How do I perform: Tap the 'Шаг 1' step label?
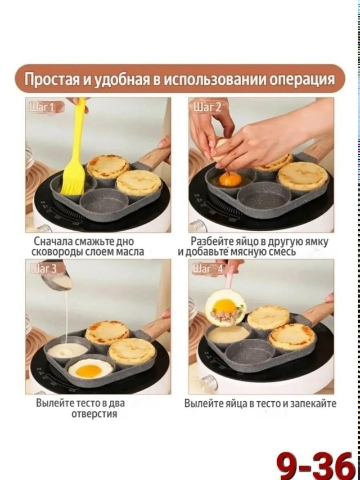[x=42, y=107]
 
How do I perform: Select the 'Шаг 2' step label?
[x=207, y=107]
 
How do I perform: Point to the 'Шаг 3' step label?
[x=43, y=268]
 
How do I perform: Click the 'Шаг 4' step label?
[x=208, y=269]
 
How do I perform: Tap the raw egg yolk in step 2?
[x=230, y=179]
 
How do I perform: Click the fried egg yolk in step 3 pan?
[x=89, y=371]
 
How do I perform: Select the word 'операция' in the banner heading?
[x=302, y=79]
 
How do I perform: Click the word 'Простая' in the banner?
[x=51, y=79]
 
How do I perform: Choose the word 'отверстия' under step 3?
[x=94, y=414]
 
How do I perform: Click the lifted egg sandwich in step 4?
[x=226, y=307]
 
